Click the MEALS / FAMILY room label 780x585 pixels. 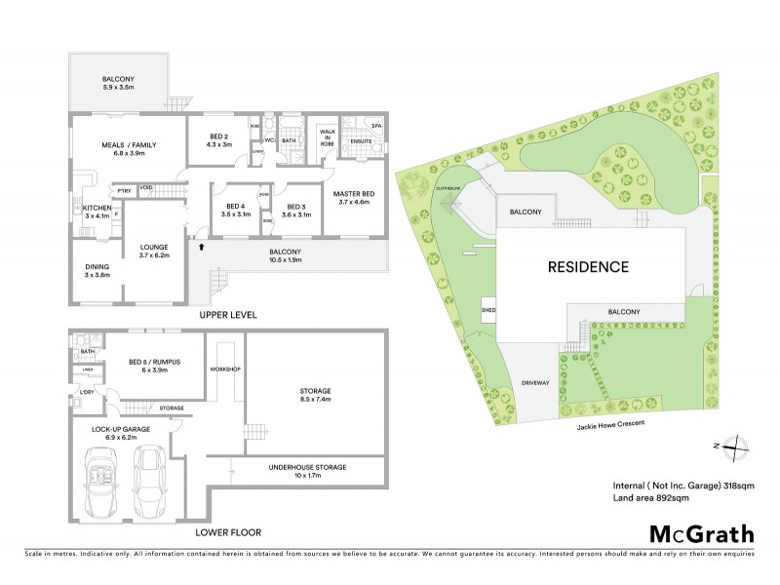129,149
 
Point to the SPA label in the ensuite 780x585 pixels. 375,127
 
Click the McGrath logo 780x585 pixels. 701,532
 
